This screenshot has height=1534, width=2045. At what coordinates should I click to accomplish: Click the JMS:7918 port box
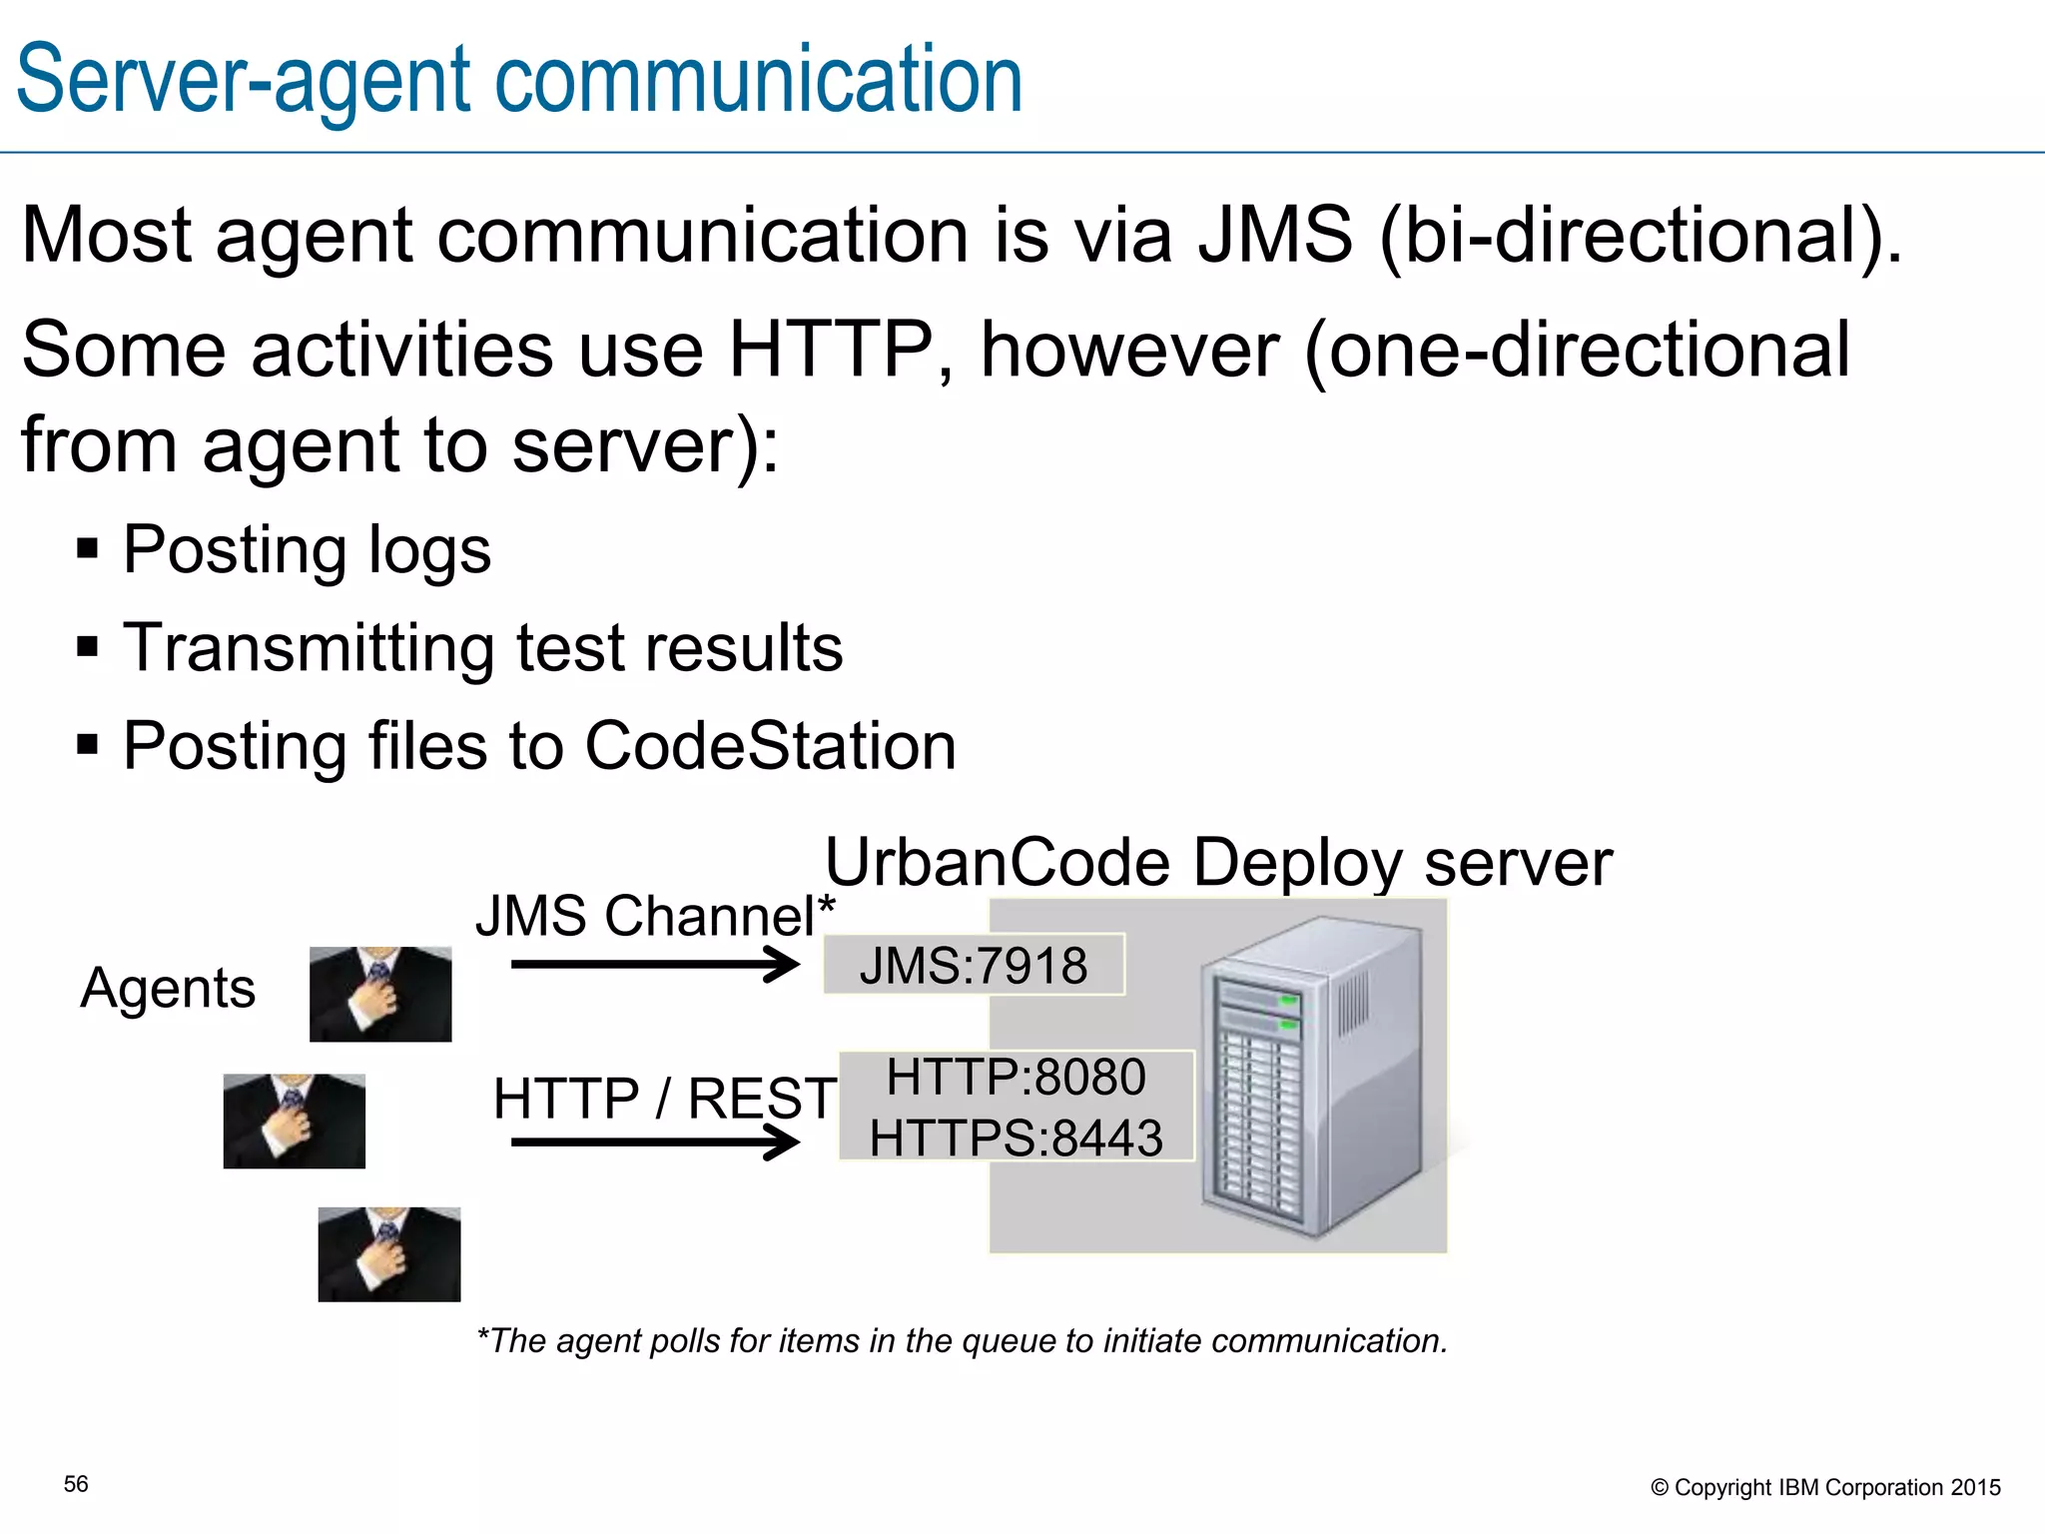coord(974,965)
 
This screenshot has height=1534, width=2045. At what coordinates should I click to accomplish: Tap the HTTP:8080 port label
coord(1016,1078)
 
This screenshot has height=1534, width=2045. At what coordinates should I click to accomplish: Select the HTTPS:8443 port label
coord(1016,1139)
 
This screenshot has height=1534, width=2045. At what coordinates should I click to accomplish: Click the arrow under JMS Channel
coord(654,964)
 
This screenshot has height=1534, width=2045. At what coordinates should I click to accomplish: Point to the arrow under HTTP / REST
coord(654,1142)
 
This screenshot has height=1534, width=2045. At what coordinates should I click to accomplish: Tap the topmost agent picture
coord(380,994)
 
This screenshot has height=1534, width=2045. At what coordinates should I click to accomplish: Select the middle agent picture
coord(294,1121)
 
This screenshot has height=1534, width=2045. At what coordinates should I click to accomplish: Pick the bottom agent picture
coord(389,1254)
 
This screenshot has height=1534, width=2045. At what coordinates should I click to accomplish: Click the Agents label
coord(168,989)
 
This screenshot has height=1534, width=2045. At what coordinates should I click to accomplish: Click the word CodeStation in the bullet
coord(770,746)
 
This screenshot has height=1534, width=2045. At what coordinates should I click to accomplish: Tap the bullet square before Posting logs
coord(88,549)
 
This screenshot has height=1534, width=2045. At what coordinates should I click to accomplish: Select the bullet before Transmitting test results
coord(88,647)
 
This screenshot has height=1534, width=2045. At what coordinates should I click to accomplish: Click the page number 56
coord(76,1484)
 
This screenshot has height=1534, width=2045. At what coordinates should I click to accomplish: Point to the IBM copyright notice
coord(1825,1487)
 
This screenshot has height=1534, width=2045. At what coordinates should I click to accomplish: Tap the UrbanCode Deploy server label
coord(1218,862)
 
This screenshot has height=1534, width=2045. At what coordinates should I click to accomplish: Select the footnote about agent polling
coord(963,1340)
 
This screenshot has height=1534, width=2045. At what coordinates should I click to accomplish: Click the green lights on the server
coord(1288,1011)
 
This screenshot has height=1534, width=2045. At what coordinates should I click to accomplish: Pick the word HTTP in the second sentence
coord(829,350)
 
